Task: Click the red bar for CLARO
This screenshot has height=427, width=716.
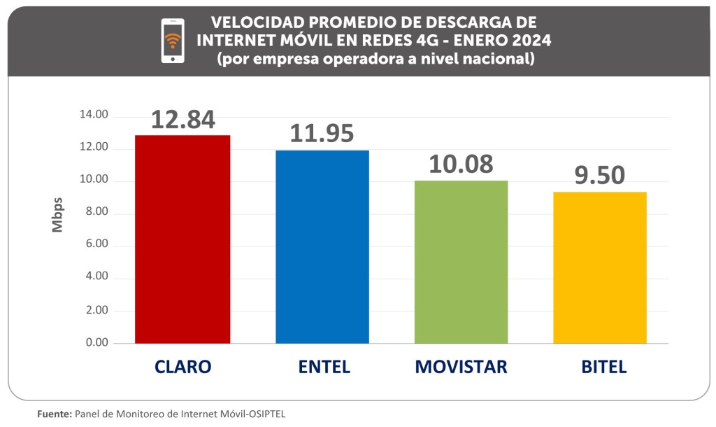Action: (182, 239)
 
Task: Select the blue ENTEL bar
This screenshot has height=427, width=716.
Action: (322, 246)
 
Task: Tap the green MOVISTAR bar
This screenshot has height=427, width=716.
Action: (461, 262)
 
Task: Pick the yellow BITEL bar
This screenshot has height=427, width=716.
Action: (600, 267)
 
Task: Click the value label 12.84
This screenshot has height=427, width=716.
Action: (182, 119)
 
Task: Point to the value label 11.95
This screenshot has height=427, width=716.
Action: (322, 133)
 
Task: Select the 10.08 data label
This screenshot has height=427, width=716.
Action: (461, 164)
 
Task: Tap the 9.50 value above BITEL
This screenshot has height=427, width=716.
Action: (600, 175)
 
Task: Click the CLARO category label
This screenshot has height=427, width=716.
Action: (182, 367)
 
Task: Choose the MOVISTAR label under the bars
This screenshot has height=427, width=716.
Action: (461, 367)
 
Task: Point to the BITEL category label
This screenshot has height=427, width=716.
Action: (600, 367)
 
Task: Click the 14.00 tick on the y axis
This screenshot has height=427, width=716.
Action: (92, 115)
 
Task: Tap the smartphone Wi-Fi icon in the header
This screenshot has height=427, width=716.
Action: (173, 41)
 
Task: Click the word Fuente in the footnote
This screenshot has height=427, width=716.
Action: (54, 414)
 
